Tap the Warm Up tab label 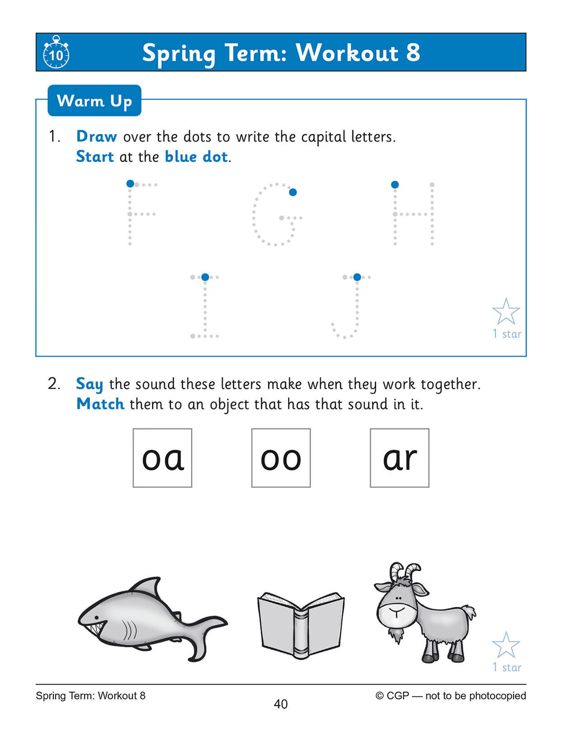[94, 101]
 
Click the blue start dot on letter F [130, 183]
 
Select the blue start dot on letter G [293, 193]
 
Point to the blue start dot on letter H [395, 184]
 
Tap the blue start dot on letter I [205, 277]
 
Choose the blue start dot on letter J [357, 277]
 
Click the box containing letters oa [163, 458]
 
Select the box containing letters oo [281, 458]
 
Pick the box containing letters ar [399, 458]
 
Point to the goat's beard [397, 635]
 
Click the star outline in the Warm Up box [506, 312]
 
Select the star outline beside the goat [506, 645]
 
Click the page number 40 [281, 704]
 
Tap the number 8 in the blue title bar [413, 53]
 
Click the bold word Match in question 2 [100, 404]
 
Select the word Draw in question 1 [97, 136]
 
